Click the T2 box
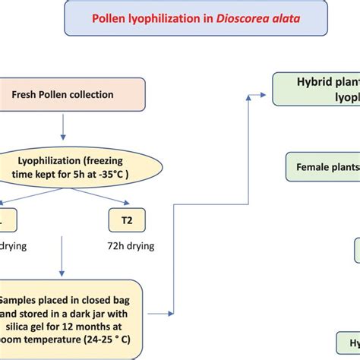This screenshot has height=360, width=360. [127, 219]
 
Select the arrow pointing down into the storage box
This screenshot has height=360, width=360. [62, 270]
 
